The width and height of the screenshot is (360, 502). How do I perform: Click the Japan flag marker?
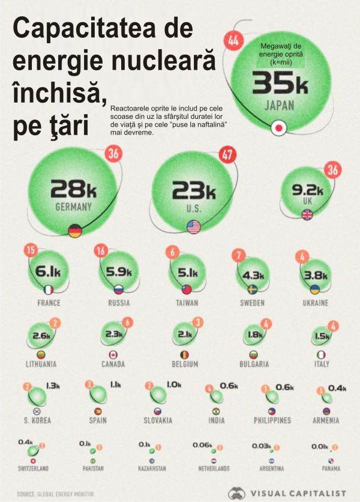pos(278,127)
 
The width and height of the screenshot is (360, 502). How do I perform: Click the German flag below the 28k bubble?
pos(75,231)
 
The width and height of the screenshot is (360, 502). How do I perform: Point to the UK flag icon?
pos(307,215)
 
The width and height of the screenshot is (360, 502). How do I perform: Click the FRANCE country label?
pos(49,303)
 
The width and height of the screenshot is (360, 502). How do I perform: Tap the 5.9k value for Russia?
pos(119,271)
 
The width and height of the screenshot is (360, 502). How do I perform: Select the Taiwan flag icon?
pos(187,289)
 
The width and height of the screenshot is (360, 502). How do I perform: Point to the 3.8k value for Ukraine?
pos(316,276)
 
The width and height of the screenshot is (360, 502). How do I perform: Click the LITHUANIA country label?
pos(41,364)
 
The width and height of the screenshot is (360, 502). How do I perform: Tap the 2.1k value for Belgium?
pos(184,334)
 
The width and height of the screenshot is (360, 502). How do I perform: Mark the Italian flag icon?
pos(321,354)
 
